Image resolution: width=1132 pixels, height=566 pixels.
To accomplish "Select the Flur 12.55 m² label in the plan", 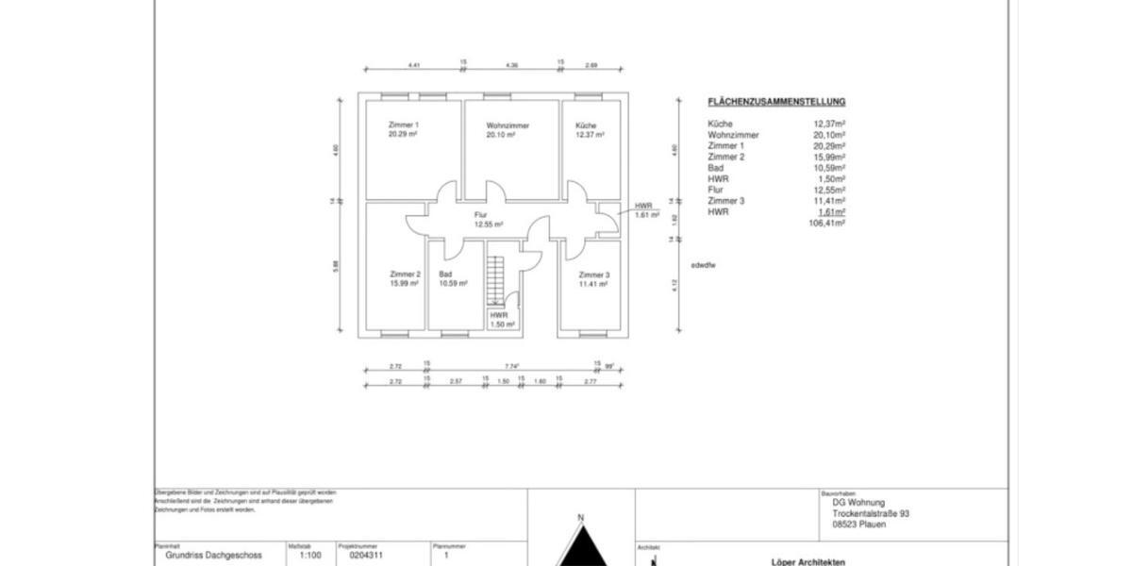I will click(487, 220).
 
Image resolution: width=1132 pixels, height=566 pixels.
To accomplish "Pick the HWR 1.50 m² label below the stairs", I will click(501, 320).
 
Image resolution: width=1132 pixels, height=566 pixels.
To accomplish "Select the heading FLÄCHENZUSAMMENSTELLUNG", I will click(776, 102).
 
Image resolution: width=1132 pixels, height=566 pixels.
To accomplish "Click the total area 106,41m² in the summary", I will click(826, 224).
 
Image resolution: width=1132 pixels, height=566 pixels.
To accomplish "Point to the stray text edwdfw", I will click(703, 266).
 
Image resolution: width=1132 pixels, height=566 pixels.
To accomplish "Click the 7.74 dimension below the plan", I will click(511, 366).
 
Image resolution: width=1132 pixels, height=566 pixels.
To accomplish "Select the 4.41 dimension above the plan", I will click(413, 65).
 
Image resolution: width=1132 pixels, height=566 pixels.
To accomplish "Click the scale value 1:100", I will click(309, 557).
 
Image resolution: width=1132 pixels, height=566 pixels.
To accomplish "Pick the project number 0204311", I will click(366, 557).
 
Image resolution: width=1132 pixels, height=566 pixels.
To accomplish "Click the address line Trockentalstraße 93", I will click(871, 514).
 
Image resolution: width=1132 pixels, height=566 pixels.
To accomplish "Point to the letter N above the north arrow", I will click(581, 518).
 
